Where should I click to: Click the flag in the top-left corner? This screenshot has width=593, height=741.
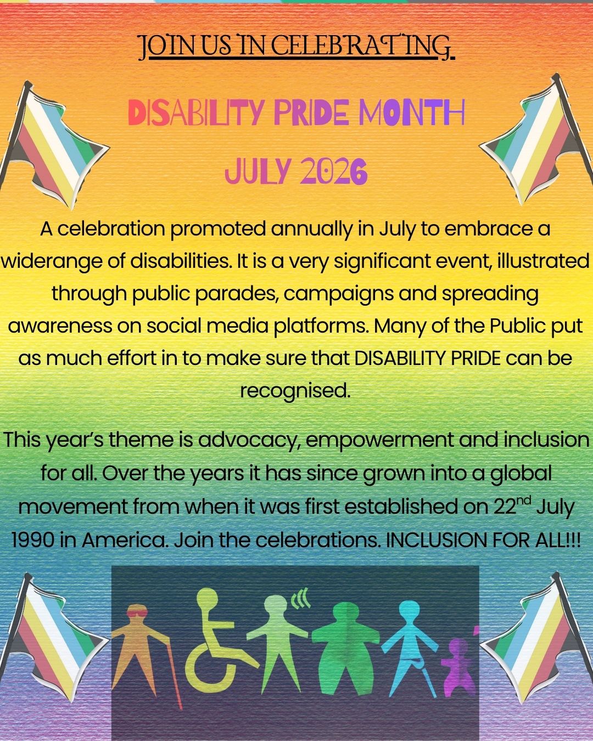tap(52, 144)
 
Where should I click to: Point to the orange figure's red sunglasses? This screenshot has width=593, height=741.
tap(137, 613)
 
